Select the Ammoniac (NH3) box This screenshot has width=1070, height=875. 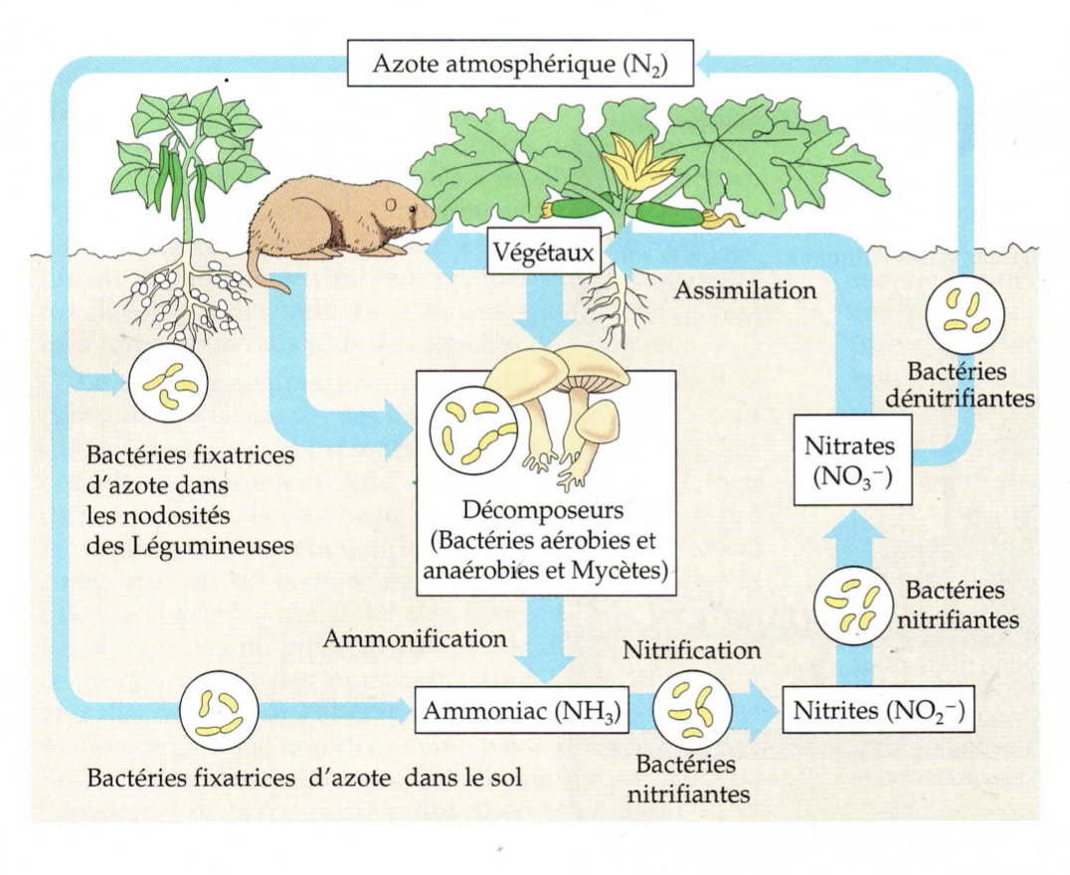click(523, 712)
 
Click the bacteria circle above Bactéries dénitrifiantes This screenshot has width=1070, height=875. click(964, 311)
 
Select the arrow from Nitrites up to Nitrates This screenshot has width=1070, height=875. click(849, 597)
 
